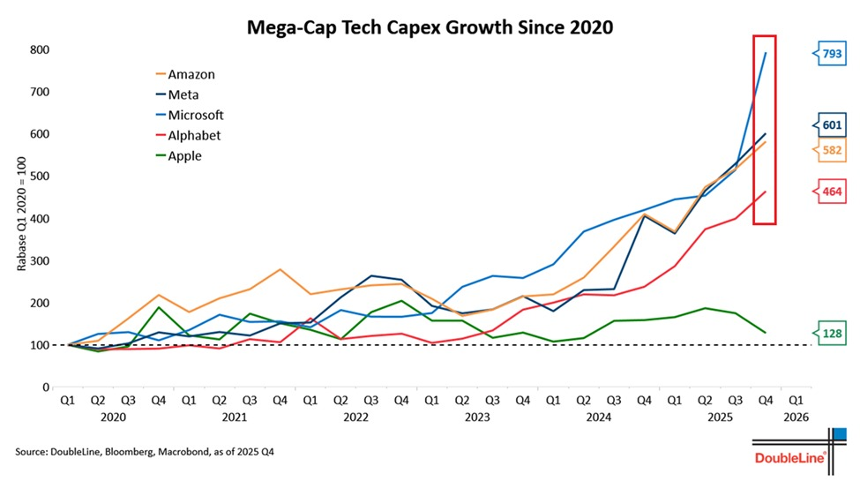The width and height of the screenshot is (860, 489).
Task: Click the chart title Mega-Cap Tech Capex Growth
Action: point(429,28)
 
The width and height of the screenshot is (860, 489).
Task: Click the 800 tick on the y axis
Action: point(41,50)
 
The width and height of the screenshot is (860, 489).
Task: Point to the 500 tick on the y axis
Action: point(41,177)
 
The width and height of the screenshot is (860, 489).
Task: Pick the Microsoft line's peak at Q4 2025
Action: point(765,52)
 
